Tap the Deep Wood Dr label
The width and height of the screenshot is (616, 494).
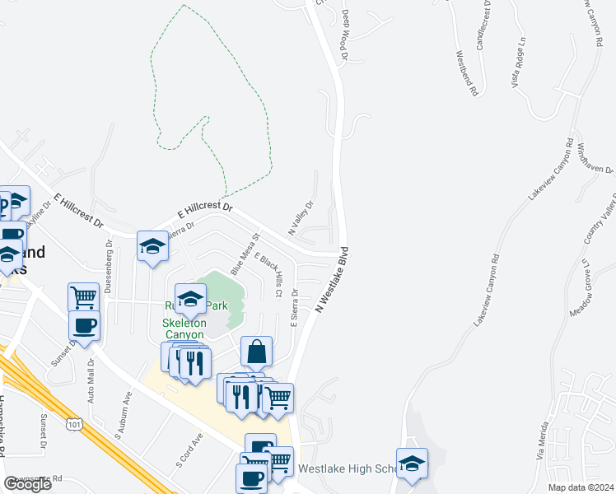(x=345, y=35)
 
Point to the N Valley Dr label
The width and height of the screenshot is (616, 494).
(x=301, y=218)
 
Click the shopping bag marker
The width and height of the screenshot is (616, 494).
(x=257, y=351)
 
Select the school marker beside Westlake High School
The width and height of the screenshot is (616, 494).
(x=412, y=463)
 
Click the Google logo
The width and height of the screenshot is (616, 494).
(x=27, y=484)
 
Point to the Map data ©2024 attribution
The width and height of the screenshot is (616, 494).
(x=580, y=487)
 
